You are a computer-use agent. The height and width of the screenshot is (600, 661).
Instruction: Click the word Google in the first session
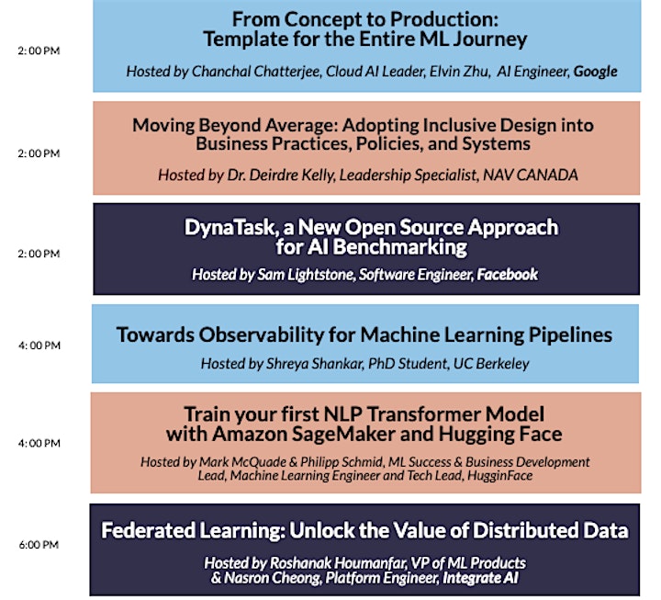click(x=595, y=72)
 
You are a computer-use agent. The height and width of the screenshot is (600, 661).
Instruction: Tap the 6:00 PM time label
click(x=39, y=545)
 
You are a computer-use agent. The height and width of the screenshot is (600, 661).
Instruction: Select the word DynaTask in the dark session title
click(x=230, y=228)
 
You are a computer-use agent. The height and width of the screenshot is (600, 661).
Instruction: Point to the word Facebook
click(x=507, y=275)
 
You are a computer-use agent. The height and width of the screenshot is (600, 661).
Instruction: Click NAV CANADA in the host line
click(x=531, y=175)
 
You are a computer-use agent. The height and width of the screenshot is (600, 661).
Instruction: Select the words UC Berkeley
click(x=491, y=364)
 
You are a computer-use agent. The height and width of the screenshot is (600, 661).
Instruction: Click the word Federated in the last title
click(x=149, y=531)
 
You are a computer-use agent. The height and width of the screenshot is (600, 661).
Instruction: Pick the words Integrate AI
click(x=480, y=578)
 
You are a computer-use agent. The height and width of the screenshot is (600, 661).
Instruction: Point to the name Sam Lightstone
click(x=308, y=275)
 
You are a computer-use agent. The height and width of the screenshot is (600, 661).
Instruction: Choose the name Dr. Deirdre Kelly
click(x=281, y=175)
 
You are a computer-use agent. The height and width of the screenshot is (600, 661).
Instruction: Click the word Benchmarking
click(x=400, y=247)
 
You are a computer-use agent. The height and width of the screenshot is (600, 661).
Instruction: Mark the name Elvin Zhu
click(x=459, y=72)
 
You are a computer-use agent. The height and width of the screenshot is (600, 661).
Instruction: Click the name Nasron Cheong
click(x=272, y=578)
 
